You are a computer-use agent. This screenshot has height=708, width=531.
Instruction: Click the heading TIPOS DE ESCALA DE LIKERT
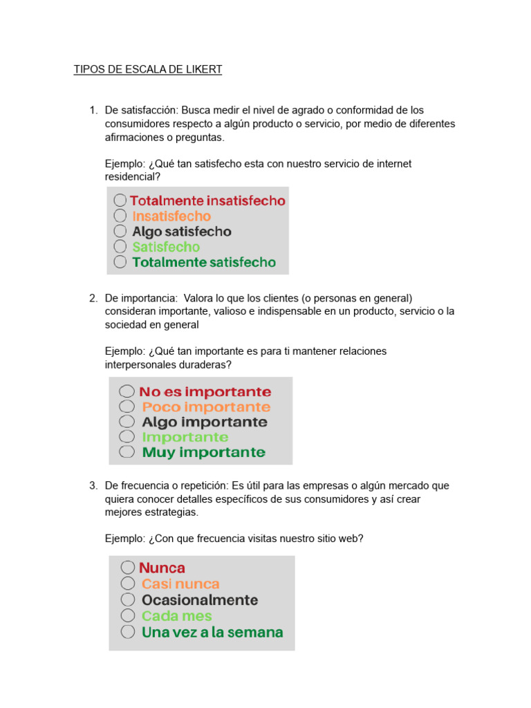tap(148, 70)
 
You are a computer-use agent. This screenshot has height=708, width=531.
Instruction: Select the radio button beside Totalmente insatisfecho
tap(120, 201)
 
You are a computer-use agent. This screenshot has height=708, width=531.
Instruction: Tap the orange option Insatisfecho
tap(171, 216)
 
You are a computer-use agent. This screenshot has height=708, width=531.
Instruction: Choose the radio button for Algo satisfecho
tap(120, 231)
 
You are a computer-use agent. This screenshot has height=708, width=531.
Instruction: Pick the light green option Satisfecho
tap(166, 247)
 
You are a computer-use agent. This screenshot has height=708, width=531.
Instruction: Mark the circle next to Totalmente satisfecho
tap(120, 262)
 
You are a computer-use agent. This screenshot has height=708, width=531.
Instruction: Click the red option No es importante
tap(205, 392)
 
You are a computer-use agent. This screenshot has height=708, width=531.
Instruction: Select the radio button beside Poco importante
tap(127, 407)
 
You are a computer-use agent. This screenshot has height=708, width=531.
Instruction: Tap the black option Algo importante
tap(204, 422)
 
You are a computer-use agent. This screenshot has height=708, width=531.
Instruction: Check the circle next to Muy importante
tap(127, 452)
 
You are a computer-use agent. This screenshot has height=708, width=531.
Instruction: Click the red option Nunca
tap(162, 568)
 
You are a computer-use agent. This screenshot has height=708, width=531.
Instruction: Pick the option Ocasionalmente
tap(200, 600)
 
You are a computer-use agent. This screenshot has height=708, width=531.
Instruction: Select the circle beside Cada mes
tap(128, 615)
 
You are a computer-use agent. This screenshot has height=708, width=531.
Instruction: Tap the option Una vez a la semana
tap(212, 632)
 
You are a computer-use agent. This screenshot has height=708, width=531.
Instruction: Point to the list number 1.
tap(92, 110)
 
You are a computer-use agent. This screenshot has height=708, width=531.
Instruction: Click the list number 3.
tap(92, 486)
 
